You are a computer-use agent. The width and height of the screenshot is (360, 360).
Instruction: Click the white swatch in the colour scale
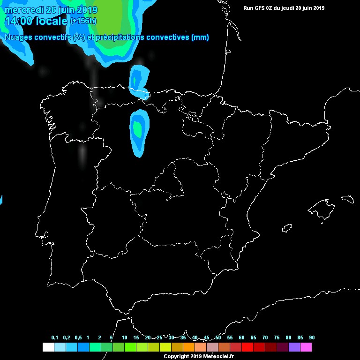click(x=48, y=347)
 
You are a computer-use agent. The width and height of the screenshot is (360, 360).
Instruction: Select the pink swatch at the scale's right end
click(x=306, y=347)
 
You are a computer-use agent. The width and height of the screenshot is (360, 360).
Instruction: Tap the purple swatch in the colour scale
click(x=294, y=347)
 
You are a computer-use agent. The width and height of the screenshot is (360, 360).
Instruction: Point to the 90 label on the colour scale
click(x=312, y=337)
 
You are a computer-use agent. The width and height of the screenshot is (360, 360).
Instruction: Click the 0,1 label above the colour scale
click(x=54, y=337)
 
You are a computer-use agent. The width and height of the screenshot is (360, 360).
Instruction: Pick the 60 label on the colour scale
click(x=241, y=337)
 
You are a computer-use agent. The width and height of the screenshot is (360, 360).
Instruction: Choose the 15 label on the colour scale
click(x=136, y=337)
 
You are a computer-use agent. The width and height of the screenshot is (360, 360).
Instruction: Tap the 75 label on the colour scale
click(x=277, y=337)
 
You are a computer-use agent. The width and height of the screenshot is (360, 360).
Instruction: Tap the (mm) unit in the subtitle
click(x=200, y=37)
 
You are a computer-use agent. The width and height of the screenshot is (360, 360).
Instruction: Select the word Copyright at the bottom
click(x=176, y=357)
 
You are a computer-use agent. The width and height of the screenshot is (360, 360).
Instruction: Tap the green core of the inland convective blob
click(x=137, y=128)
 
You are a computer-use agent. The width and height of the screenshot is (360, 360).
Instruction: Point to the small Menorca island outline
click(x=347, y=199)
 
